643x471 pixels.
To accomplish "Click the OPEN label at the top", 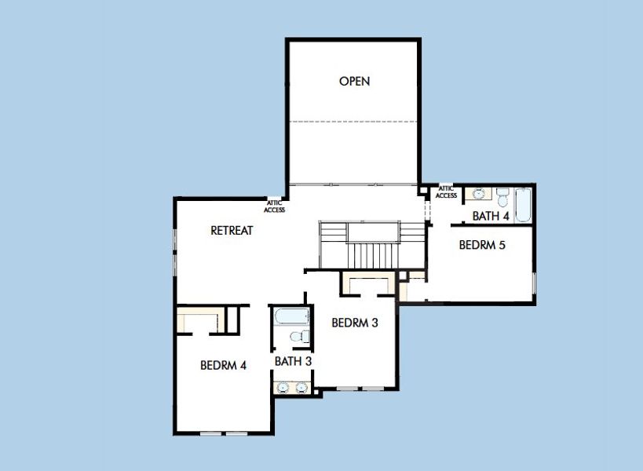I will [x=354, y=81].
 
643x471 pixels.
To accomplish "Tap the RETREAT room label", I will [x=232, y=231].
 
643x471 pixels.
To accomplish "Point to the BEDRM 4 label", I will [x=224, y=365].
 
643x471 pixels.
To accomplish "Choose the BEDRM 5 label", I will [x=482, y=245].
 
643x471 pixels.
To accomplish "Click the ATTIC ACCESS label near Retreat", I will [x=275, y=206].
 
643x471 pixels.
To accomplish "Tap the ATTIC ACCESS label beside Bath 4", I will [x=446, y=192].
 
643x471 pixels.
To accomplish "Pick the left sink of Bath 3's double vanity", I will [x=283, y=387].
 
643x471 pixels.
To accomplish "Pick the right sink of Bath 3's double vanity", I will [x=301, y=387].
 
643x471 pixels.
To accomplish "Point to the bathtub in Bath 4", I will [x=523, y=205].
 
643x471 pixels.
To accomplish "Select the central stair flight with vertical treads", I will [x=373, y=254].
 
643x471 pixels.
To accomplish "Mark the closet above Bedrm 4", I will [x=199, y=320].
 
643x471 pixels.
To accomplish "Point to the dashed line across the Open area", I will [x=353, y=122].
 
